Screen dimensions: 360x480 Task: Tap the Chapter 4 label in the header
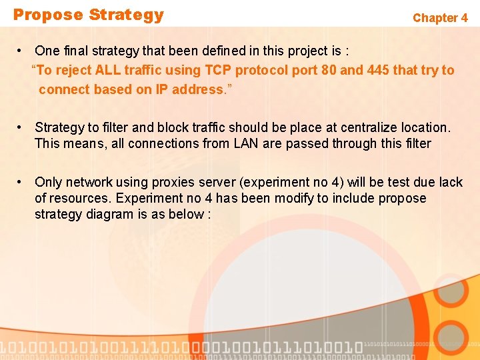click(440, 18)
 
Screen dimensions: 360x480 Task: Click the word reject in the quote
click(75, 71)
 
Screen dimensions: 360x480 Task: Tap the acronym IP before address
click(161, 89)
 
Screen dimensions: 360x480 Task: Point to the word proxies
click(170, 182)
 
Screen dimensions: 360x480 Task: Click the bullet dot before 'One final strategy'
click(22, 51)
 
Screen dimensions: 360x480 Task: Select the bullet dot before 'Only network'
click(22, 182)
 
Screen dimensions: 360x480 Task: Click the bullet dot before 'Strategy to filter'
click(22, 127)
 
